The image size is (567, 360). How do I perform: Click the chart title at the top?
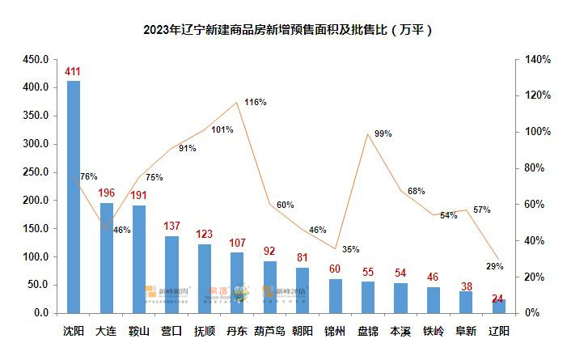tap(283, 31)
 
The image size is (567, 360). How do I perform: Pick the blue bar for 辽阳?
tap(498, 306)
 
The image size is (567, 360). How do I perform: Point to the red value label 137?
tap(171, 227)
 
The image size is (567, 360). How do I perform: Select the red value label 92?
tap(269, 252)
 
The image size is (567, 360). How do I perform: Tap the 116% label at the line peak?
tap(255, 103)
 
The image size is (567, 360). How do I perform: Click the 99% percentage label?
tap(383, 133)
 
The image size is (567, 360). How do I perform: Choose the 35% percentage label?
tap(350, 249)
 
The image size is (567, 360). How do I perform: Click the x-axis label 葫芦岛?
tap(269, 332)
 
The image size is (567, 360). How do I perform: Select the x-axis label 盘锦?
tap(367, 332)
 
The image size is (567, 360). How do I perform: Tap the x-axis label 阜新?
tap(466, 332)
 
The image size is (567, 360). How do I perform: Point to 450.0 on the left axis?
tap(36, 60)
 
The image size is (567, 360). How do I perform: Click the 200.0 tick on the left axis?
tap(36, 201)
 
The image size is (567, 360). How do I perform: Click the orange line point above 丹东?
tap(237, 103)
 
